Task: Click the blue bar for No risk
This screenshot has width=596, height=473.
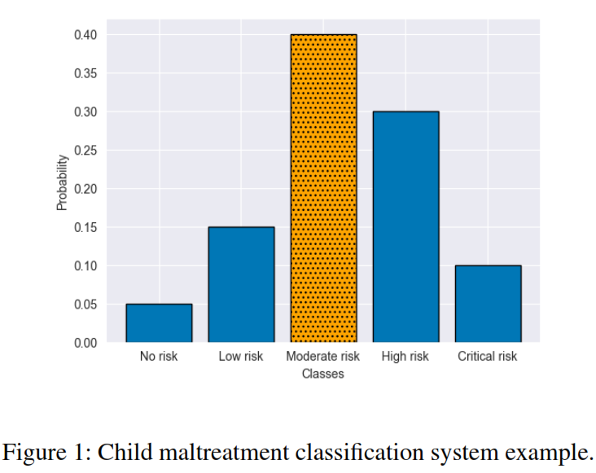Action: coord(159,323)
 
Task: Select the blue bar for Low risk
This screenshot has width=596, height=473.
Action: coord(241,285)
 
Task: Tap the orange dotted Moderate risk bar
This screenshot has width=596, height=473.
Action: coord(323,188)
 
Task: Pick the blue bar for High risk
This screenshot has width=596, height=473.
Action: coord(405,227)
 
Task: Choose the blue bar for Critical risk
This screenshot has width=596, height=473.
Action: coord(488,304)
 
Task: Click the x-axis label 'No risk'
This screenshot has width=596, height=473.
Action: coord(159,357)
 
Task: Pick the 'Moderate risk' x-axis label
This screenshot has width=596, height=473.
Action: coord(323,357)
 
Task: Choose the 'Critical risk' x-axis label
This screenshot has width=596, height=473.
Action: coord(488,357)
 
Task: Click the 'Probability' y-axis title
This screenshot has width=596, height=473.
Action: coord(62,182)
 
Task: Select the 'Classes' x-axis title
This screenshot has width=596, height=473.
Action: coord(323,374)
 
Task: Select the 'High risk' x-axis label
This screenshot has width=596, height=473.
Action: coord(405,357)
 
